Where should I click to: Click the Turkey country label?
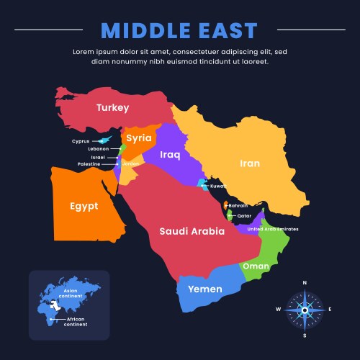coord(112,108)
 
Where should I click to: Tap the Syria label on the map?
coord(139,138)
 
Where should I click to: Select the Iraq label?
coord(170,154)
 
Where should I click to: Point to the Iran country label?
coord(249,163)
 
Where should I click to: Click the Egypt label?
coord(84,206)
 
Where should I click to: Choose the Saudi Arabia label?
coord(192,232)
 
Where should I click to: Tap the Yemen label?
coord(204,289)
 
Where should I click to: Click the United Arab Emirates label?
coord(273,229)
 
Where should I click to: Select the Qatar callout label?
coord(244,215)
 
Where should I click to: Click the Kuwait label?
coord(219,186)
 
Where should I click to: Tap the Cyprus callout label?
coord(81,141)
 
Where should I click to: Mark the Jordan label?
coord(131,163)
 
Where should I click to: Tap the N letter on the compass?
coord(305,283)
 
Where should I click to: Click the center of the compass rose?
coord(305,310)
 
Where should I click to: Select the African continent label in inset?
coord(76,322)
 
